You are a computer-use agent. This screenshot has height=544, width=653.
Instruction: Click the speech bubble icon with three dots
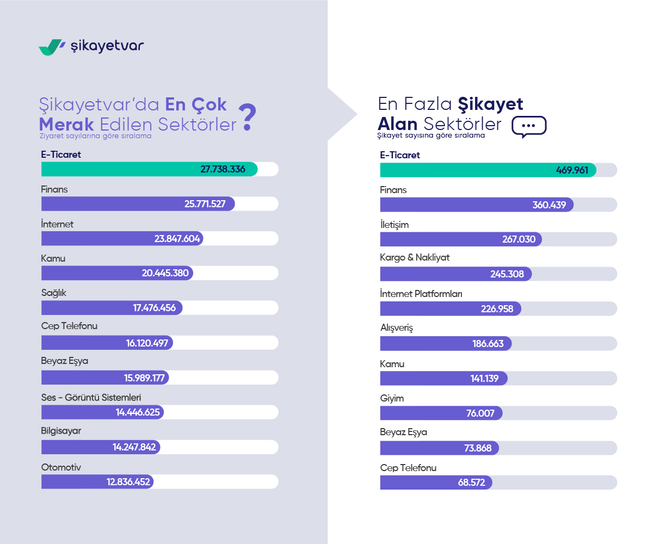(x=529, y=126)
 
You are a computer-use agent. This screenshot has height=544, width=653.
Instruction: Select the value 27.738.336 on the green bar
(x=223, y=169)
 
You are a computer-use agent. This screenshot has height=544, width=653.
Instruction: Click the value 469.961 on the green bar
(x=572, y=170)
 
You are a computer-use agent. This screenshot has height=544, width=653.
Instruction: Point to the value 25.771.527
(x=205, y=204)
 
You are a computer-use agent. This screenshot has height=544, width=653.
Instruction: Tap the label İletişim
(x=394, y=225)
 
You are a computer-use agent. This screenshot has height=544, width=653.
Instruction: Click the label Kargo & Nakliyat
(x=415, y=257)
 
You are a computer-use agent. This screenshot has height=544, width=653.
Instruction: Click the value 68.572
(x=471, y=483)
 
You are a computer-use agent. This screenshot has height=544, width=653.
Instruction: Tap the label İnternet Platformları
(x=421, y=294)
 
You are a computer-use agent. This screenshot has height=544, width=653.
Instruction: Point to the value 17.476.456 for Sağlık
(x=155, y=308)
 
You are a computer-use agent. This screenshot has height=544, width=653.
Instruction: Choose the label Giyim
(x=392, y=399)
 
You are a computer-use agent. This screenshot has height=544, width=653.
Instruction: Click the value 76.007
(x=480, y=413)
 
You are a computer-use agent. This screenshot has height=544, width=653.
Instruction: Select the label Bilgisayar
(x=61, y=431)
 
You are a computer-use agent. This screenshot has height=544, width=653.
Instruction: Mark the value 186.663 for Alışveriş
(x=488, y=344)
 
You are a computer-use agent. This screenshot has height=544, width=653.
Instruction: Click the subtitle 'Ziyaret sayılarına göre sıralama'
(x=95, y=137)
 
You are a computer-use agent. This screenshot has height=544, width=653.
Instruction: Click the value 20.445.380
(x=165, y=273)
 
